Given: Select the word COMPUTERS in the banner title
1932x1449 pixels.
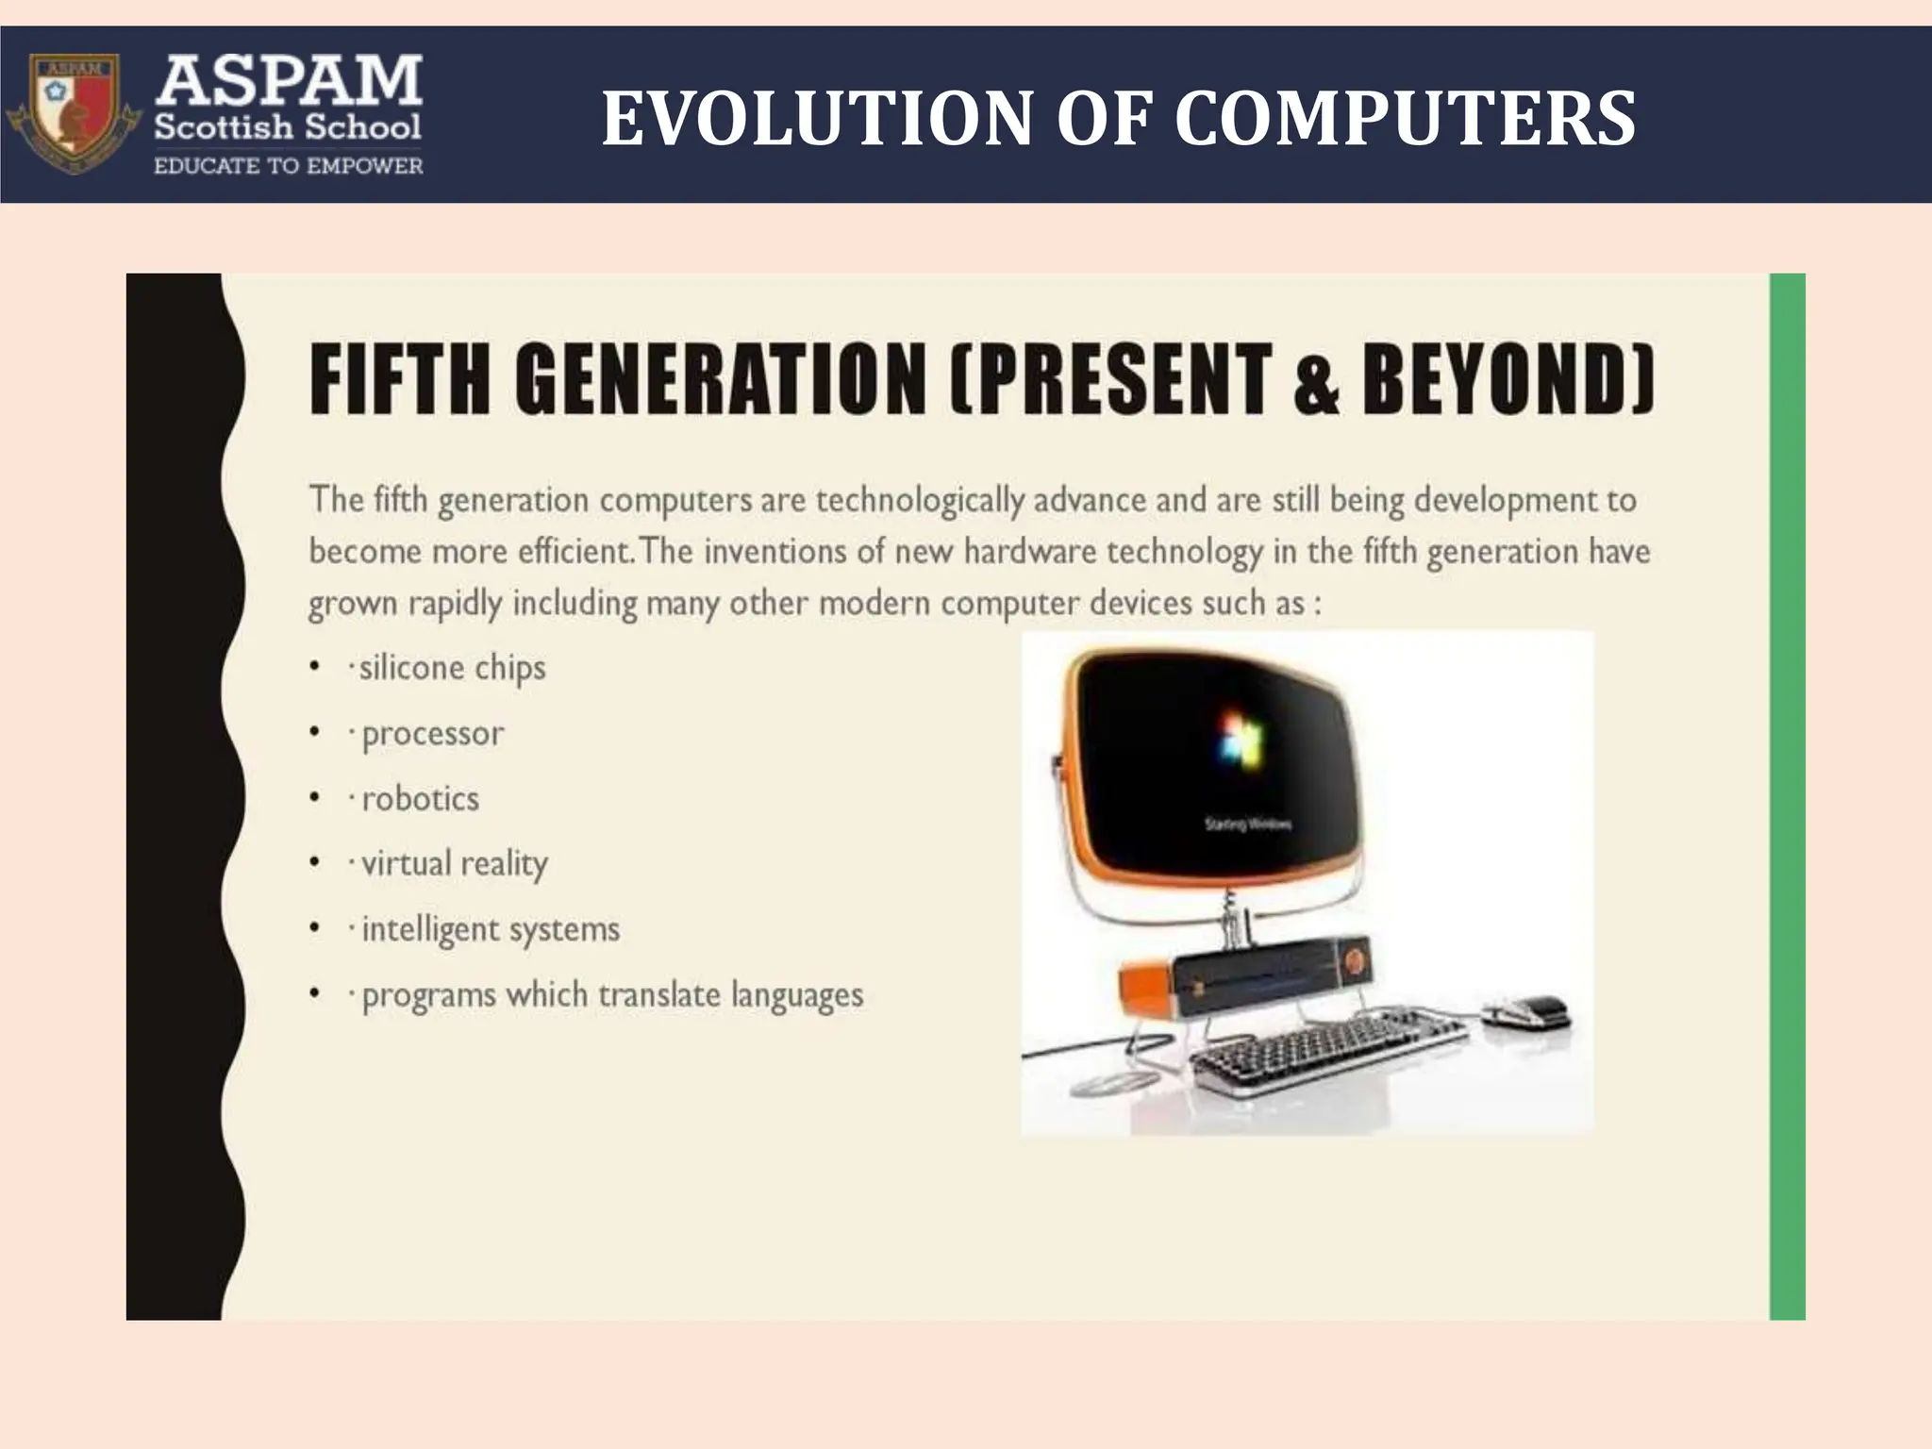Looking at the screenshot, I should [x=1405, y=119].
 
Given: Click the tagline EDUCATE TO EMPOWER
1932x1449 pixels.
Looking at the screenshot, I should [x=288, y=167].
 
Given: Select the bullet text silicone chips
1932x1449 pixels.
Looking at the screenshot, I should [x=452, y=668].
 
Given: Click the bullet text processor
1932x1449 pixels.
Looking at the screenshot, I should [x=433, y=734].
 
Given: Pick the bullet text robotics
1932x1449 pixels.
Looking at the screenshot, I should [x=421, y=799].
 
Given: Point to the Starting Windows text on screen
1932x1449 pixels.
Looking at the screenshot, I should [x=1248, y=824].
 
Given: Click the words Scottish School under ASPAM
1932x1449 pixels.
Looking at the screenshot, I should [x=288, y=125].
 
